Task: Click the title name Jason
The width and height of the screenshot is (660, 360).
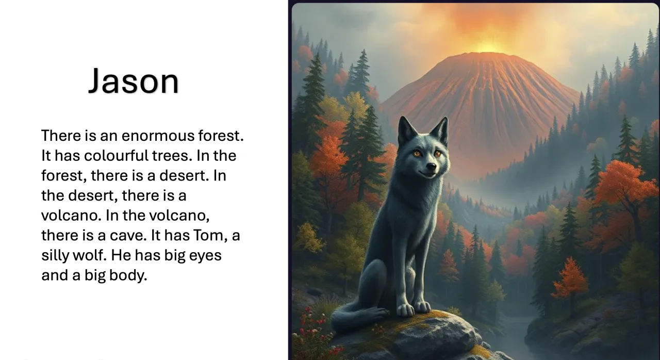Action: click(x=134, y=81)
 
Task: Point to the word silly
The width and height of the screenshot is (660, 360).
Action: click(x=55, y=255)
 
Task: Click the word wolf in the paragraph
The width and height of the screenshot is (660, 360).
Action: click(x=89, y=255)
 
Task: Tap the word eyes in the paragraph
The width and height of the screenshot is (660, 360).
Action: click(x=205, y=256)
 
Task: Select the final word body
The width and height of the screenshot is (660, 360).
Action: click(x=128, y=275)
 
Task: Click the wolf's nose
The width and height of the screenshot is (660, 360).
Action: click(x=431, y=167)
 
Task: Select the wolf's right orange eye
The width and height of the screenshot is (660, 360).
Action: click(x=437, y=153)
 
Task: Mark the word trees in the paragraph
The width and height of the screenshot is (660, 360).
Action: click(x=170, y=156)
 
